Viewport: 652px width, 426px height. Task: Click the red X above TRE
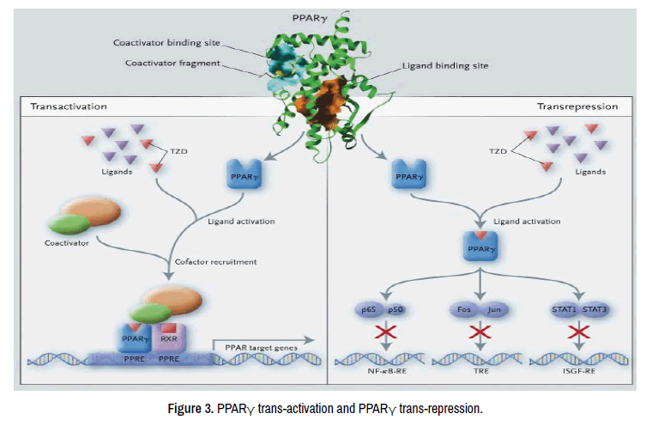(479, 332)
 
